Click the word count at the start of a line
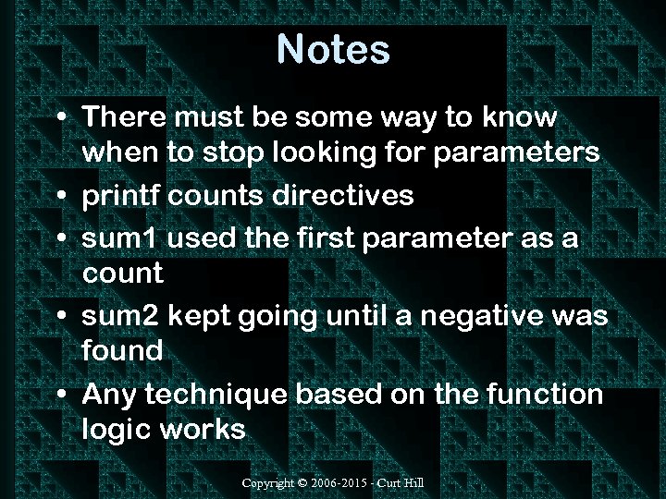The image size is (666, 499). [x=122, y=274]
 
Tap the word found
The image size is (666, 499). [x=122, y=351]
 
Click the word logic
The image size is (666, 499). [x=115, y=430]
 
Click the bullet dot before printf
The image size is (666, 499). [x=59, y=197]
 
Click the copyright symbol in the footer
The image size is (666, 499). [x=303, y=483]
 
